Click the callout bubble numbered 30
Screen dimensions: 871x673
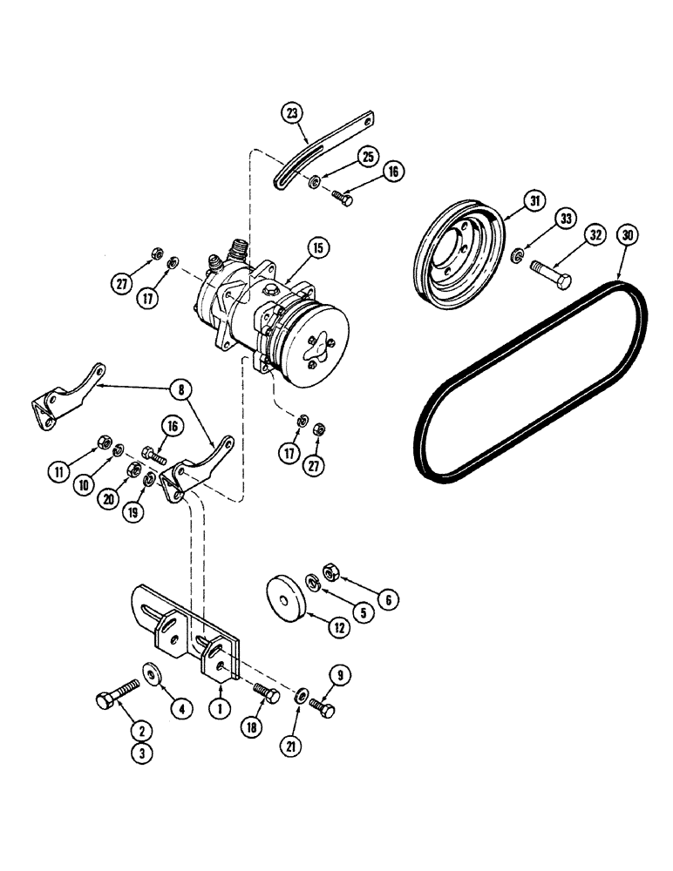coord(623,235)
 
